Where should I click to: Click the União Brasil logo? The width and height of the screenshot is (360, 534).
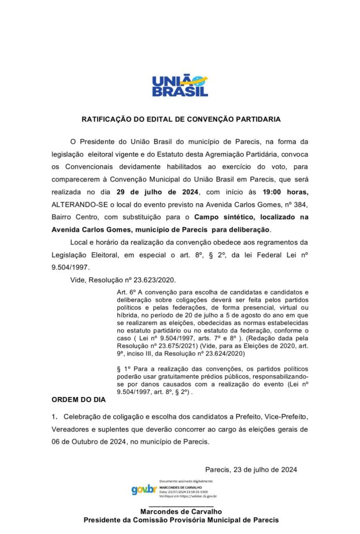point(179,86)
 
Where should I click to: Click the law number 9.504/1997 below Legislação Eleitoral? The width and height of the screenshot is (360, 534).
point(69,267)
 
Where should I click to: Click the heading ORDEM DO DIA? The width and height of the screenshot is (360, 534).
point(78,400)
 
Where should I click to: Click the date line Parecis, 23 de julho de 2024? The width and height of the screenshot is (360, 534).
point(251,469)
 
